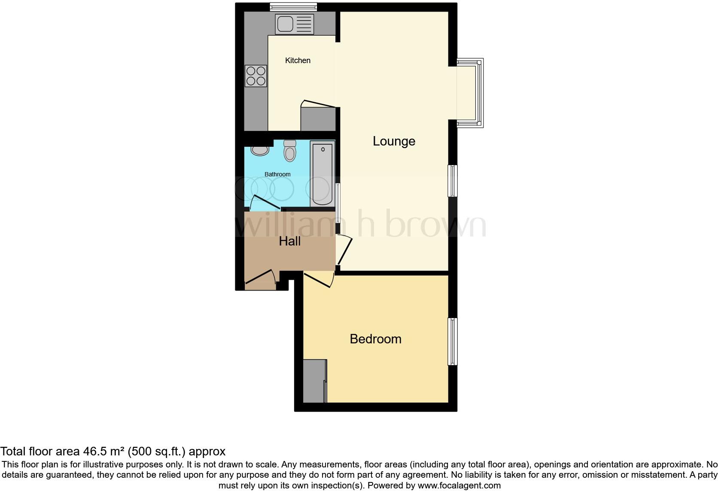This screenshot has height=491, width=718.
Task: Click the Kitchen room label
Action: pyautogui.click(x=298, y=61)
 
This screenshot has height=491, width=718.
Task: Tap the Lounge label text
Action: pyautogui.click(x=394, y=141)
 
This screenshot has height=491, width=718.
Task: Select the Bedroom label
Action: pyautogui.click(x=375, y=339)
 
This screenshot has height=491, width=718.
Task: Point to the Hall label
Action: pyautogui.click(x=289, y=241)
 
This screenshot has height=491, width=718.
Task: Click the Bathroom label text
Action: pyautogui.click(x=277, y=174)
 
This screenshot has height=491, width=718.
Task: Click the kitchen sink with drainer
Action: pyautogui.click(x=295, y=24)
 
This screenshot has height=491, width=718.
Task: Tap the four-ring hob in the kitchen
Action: pyautogui.click(x=256, y=76)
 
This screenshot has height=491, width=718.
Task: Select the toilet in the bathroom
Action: pyautogui.click(x=290, y=151)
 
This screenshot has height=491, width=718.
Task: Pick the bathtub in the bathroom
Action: pyautogui.click(x=322, y=174)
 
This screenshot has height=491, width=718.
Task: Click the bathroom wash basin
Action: pyautogui.click(x=259, y=150)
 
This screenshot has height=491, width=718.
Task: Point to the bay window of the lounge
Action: pyautogui.click(x=471, y=93)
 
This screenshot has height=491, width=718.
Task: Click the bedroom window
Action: pyautogui.click(x=452, y=341)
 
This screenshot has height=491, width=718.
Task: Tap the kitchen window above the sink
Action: pyautogui.click(x=293, y=6)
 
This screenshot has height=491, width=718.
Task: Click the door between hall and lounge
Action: pyautogui.click(x=344, y=250)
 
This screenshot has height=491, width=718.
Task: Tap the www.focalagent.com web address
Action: pyautogui.click(x=459, y=486)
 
